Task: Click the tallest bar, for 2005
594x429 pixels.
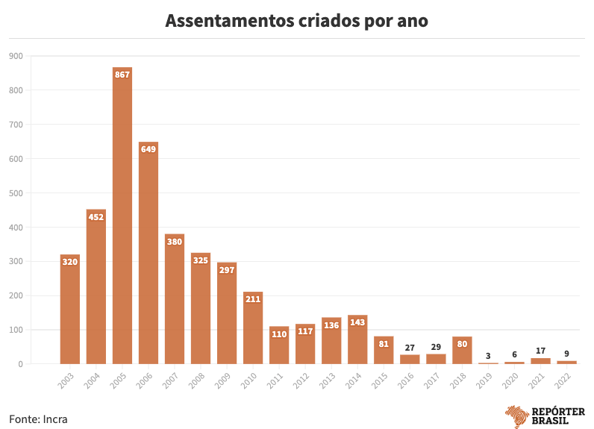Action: tap(122, 216)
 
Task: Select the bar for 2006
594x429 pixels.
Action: tap(148, 254)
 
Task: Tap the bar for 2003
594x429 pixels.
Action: tap(70, 310)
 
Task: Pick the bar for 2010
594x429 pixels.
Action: tap(253, 328)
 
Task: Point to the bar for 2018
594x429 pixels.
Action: tap(462, 351)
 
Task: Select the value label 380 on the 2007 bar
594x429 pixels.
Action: tap(175, 242)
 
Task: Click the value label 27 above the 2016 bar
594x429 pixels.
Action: tap(410, 347)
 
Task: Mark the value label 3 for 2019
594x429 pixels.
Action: tap(488, 355)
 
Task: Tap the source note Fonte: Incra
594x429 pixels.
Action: tap(38, 419)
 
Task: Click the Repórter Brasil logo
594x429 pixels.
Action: tap(545, 416)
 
